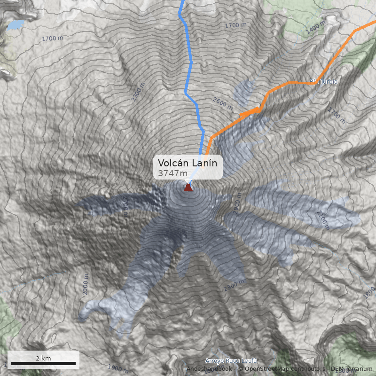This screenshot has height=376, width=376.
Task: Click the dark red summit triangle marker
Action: (x=188, y=188)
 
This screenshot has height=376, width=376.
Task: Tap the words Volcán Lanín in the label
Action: (x=188, y=163)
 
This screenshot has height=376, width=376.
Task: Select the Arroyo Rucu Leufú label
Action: (x=231, y=360)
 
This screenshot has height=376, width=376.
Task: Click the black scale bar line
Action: (x=43, y=364)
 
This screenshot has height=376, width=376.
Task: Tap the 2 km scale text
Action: (x=43, y=358)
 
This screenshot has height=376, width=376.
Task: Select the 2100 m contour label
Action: (x=323, y=219)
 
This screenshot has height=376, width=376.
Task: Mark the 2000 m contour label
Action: (x=86, y=285)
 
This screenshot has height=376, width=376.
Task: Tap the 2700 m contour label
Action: (x=125, y=206)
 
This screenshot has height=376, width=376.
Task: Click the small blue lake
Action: (x=16, y=24)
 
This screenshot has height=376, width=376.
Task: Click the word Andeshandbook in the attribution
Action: (x=209, y=368)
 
